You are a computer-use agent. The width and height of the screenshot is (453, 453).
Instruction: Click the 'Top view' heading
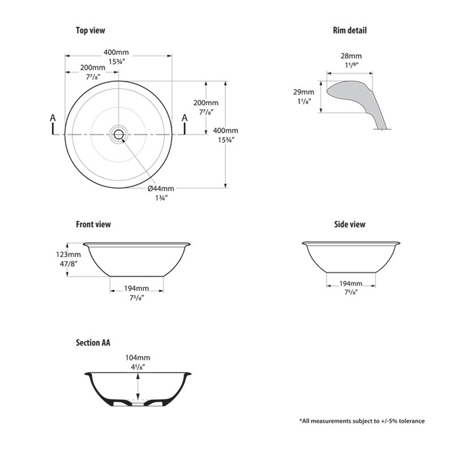[x=91, y=31]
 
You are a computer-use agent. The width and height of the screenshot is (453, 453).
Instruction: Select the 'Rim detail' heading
[x=349, y=31]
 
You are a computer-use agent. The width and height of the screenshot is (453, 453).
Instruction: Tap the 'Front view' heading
[x=93, y=224]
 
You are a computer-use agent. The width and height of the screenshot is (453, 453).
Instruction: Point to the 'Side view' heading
[x=349, y=224]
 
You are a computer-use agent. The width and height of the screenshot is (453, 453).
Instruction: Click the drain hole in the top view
[x=119, y=134]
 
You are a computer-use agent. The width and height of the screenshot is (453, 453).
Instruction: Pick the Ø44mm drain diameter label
[x=161, y=188]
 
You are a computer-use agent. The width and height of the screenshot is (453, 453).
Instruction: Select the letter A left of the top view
[x=53, y=118]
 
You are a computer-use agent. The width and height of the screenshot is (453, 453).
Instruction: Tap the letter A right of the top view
[x=184, y=118]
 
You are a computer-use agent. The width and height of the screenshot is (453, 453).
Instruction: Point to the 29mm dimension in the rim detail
[x=304, y=92]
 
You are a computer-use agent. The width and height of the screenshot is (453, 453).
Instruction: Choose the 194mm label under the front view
[x=136, y=289]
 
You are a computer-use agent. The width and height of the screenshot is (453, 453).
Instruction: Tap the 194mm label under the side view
[x=351, y=284]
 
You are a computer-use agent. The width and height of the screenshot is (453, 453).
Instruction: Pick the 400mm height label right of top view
[x=225, y=130]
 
